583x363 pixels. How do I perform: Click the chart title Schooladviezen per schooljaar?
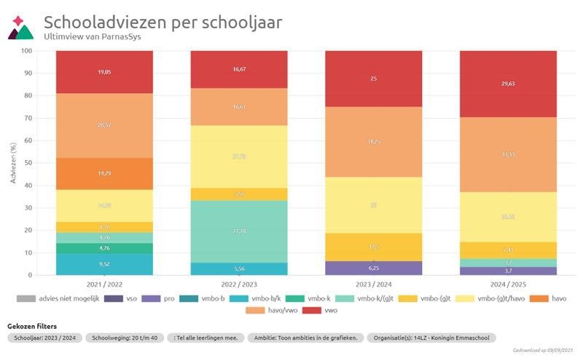[x=163, y=22]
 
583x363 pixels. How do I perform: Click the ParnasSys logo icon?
[x=20, y=28]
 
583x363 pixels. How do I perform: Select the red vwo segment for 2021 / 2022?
[x=104, y=72]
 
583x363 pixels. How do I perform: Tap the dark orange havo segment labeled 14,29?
[x=104, y=174]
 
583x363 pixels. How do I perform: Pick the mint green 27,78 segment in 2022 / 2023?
[x=239, y=231]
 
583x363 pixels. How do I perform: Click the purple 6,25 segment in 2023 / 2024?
[x=374, y=268]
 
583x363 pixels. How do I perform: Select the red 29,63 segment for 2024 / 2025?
[x=509, y=84]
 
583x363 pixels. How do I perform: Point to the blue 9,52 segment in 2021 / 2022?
[x=104, y=265]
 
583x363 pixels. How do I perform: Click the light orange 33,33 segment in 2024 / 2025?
[x=509, y=155]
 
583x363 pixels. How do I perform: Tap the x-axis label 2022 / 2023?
[x=239, y=285]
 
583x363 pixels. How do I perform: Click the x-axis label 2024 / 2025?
[x=509, y=285]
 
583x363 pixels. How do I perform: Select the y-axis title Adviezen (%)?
[x=13, y=163]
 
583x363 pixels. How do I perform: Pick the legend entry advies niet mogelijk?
[x=51, y=298]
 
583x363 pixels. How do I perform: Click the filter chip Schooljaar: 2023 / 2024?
[x=44, y=338]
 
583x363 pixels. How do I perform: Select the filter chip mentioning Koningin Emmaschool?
[x=431, y=338]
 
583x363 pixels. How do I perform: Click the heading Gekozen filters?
[x=32, y=326]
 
